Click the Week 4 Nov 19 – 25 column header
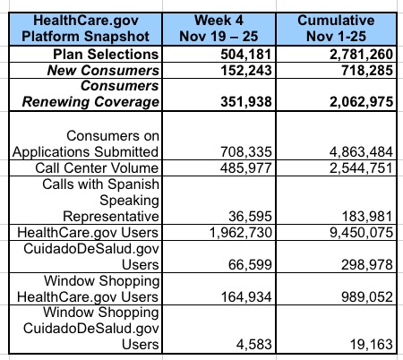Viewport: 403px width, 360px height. pos(219,29)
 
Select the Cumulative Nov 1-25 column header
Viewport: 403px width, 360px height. pos(336,29)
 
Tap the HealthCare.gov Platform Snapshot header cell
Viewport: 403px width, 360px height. pos(86,29)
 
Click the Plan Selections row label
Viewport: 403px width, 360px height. pos(106,54)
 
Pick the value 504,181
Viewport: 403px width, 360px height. pos(246,55)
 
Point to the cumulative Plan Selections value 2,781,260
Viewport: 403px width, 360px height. pos(362,55)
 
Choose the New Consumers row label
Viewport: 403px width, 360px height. pos(103,71)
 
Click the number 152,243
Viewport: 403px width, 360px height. pos(246,71)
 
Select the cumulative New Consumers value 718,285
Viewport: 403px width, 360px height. pos(367,71)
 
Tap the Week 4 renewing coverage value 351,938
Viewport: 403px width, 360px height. pos(246,102)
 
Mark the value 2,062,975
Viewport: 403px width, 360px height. pos(362,102)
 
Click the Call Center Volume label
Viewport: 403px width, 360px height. pos(97,167)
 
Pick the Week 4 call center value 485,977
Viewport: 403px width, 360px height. pos(246,168)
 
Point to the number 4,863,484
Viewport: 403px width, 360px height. pos(362,152)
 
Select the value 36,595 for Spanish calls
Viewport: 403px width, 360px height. pos(250,217)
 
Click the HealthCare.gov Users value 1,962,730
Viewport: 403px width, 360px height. pos(241,233)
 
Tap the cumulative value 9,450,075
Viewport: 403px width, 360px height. pos(362,233)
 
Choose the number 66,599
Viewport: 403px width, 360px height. pos(250,265)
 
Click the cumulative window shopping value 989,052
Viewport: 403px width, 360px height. pos(367,297)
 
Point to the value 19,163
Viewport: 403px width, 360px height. pos(372,345)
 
